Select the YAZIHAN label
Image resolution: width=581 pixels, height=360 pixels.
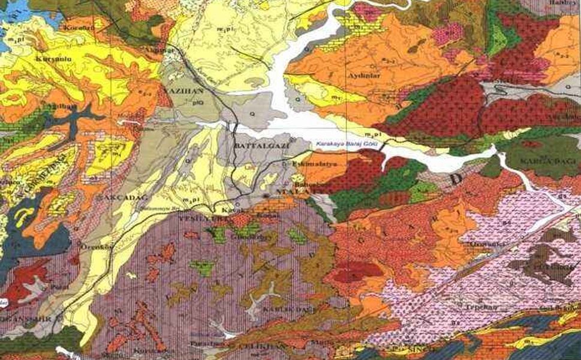click(179, 88)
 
